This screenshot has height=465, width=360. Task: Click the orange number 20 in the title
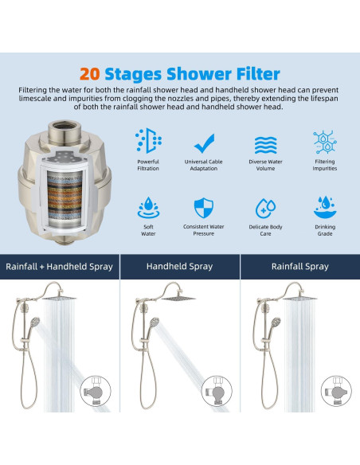coord(89,74)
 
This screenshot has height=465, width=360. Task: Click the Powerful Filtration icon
coord(148,141)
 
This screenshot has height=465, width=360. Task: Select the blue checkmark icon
coord(204,143)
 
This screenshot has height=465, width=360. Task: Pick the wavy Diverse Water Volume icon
coord(266,145)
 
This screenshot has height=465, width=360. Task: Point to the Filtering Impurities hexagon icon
coord(325,143)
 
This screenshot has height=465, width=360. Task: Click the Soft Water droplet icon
coord(148,207)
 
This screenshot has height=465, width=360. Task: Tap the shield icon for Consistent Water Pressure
coord(204,208)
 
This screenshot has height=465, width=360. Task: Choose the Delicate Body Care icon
coord(265,208)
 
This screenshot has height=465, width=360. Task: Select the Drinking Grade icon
coord(325,207)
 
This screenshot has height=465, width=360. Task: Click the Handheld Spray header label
coord(179,266)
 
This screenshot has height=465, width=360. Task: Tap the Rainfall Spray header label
coord(300,266)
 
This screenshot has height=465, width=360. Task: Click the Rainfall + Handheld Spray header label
coord(59,267)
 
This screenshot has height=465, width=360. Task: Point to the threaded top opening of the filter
coord(65,126)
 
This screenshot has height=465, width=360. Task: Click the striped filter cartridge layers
coord(65,197)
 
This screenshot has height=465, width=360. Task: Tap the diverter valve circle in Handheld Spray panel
coord(217,391)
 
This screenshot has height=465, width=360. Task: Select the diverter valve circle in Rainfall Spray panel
coord(336,391)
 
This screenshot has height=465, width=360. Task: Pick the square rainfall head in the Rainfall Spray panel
coord(299,299)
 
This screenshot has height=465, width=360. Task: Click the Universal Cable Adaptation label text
coord(204,165)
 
